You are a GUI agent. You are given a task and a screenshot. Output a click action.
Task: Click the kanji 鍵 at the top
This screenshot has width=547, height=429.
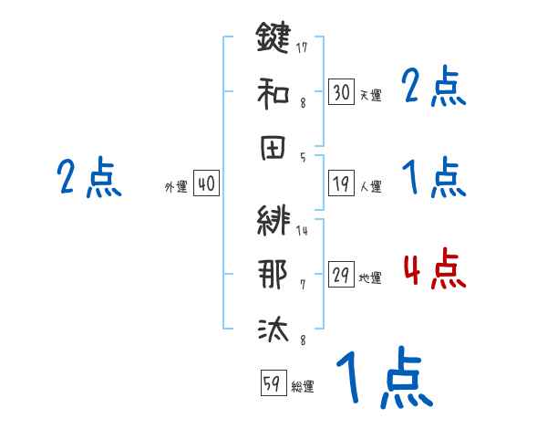click(273, 39)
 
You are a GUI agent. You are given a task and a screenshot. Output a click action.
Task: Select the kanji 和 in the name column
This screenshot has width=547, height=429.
click(273, 91)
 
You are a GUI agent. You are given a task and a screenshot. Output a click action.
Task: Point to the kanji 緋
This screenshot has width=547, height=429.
click(273, 222)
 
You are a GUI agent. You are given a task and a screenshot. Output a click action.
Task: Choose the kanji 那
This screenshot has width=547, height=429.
click(273, 275)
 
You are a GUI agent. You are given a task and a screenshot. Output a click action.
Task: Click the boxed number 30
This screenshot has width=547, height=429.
click(341, 91)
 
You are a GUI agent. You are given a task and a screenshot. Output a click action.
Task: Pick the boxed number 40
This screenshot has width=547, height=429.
click(206, 184)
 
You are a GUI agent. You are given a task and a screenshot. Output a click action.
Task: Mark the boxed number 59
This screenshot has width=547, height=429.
click(273, 383)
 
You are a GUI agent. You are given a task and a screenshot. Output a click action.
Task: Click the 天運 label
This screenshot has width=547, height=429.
click(370, 95)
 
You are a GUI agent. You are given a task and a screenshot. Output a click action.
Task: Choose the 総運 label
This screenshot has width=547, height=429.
click(303, 386)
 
